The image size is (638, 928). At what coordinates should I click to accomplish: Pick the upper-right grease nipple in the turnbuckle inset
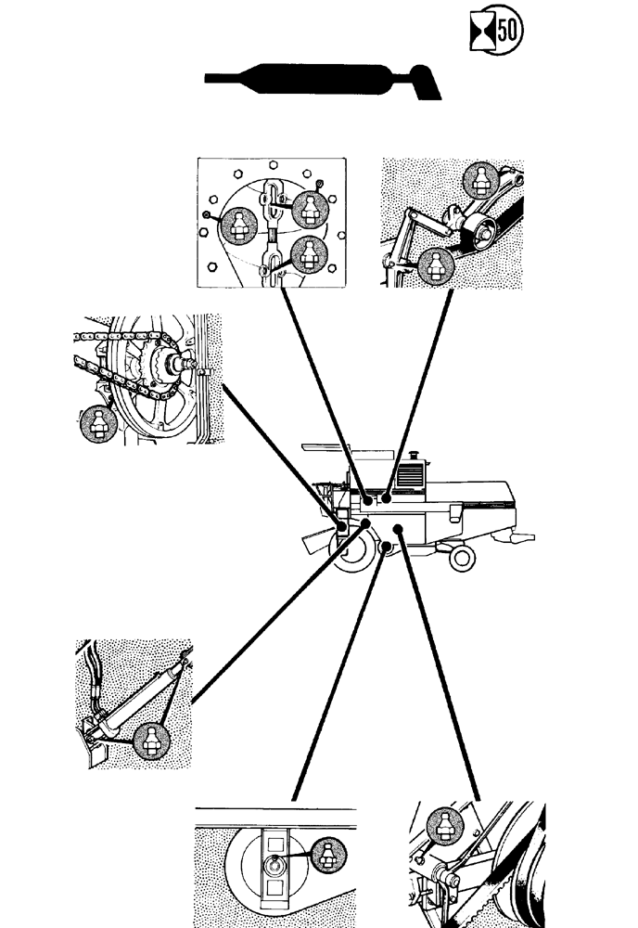307,211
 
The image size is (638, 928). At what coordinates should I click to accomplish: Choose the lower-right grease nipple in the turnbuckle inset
309,253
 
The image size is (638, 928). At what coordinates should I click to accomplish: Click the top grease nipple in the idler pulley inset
481,178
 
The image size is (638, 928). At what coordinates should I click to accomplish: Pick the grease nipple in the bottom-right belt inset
443,826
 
